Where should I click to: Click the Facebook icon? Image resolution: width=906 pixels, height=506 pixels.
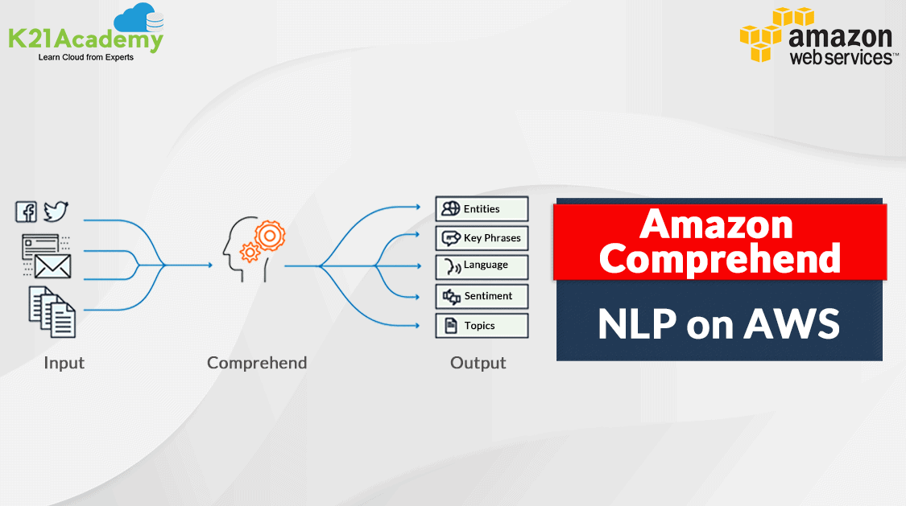pos(27,212)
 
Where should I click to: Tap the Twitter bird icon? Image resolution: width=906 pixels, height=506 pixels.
pos(56,212)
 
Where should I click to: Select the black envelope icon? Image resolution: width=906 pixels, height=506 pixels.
pos(53,265)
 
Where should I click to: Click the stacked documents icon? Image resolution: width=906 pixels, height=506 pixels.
pos(52,311)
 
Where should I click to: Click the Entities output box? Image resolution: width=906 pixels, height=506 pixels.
pos(482,209)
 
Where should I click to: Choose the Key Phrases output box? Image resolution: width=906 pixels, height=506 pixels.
pos(482,238)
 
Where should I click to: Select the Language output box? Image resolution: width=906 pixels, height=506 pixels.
pos(482,265)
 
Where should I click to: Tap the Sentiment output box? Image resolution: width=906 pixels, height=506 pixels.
pos(482,296)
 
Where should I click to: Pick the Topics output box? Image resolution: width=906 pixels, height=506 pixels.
pos(482,326)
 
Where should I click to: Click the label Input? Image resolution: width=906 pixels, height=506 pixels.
pos(64,363)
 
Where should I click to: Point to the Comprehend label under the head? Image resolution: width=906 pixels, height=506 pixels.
pos(257,363)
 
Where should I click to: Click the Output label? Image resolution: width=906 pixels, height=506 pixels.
pos(478,363)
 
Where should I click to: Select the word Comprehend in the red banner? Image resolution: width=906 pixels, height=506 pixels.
pos(720,258)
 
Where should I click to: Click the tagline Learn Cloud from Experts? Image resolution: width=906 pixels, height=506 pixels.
pos(86,57)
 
